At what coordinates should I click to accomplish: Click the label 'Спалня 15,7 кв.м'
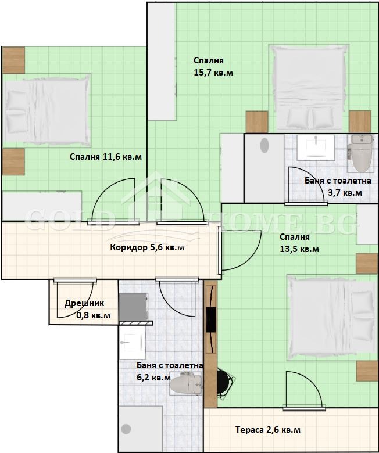point(213,66)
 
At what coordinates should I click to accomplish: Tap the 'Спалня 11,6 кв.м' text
point(106,157)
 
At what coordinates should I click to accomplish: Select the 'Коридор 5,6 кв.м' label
point(147,247)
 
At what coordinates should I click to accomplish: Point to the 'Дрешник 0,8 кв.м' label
point(88,309)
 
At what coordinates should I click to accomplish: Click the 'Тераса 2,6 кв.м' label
point(268,430)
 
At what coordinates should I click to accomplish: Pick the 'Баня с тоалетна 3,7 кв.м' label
point(338,186)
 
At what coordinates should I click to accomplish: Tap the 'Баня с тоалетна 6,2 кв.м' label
point(170,372)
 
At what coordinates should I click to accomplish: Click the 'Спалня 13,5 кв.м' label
point(299,243)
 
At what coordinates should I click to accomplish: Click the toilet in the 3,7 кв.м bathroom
point(361,153)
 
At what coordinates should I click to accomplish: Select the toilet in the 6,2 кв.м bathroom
point(185,384)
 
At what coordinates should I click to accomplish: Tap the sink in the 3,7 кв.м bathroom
point(316,148)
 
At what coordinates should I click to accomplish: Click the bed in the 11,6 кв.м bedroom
point(47,110)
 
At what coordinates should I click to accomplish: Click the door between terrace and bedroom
point(304,391)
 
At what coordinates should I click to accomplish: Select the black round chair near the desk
point(225,384)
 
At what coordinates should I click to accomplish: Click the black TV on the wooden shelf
point(211,319)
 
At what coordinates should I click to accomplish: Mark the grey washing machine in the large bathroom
point(134,307)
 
